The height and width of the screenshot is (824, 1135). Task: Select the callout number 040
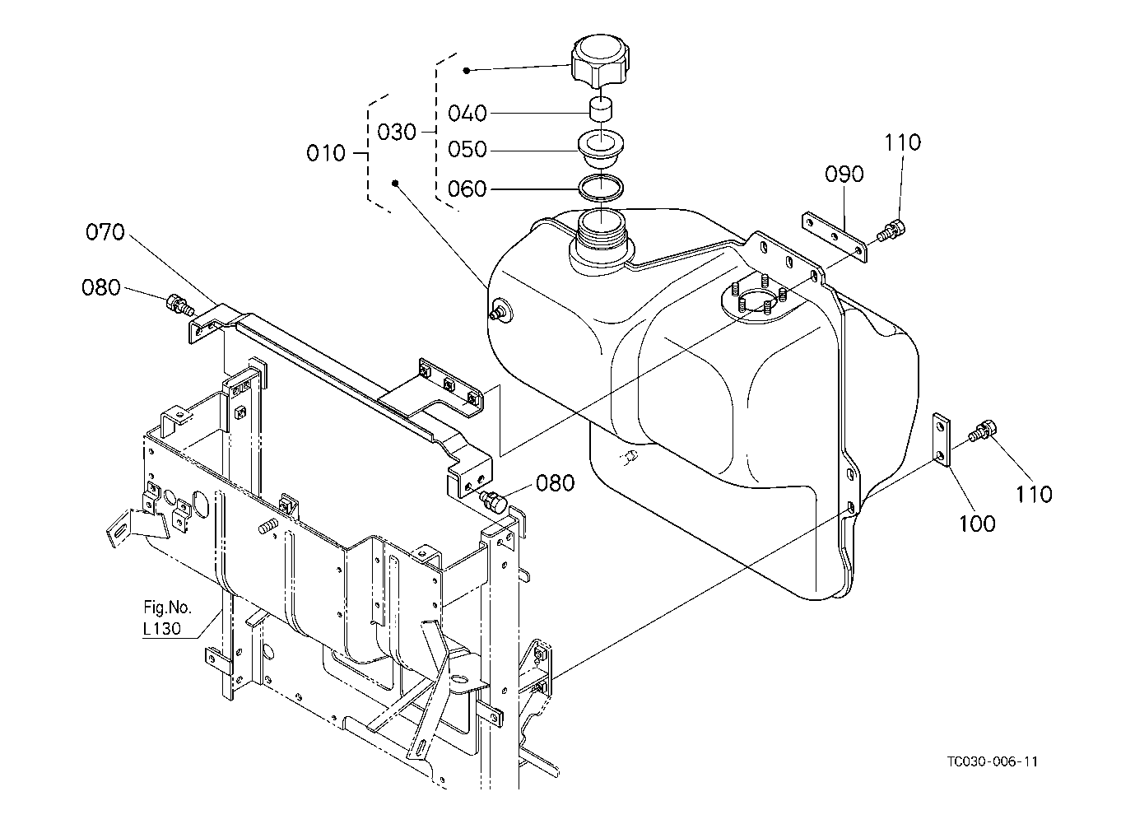pyautogui.click(x=467, y=113)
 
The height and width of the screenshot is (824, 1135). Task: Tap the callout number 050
pyautogui.click(x=467, y=150)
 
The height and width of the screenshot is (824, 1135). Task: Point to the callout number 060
pyautogui.click(x=467, y=189)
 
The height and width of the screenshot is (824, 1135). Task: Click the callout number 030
pyautogui.click(x=396, y=132)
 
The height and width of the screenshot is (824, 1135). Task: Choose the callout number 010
pyautogui.click(x=326, y=152)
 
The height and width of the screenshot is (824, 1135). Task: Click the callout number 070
pyautogui.click(x=105, y=232)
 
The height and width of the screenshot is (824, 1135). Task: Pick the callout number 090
pyautogui.click(x=844, y=174)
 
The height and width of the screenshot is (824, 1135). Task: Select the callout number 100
pyautogui.click(x=977, y=524)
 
